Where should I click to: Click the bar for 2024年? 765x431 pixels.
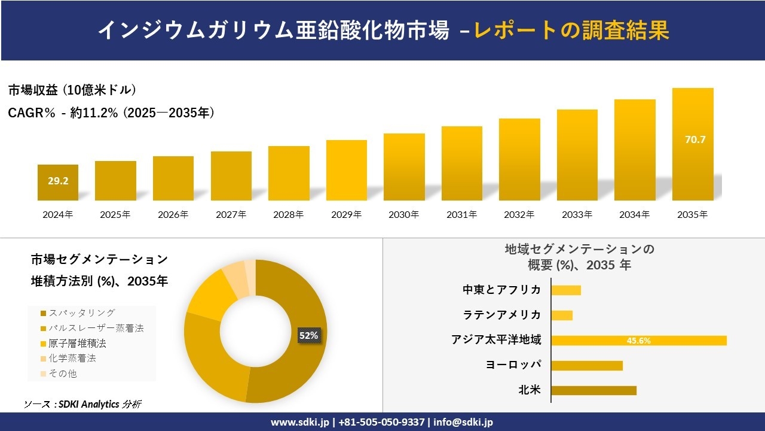(58, 183)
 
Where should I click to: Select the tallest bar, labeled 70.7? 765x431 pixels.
(693, 144)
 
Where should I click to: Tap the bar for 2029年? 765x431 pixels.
(347, 171)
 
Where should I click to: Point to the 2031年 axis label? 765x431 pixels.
(461, 214)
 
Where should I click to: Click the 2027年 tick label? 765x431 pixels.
(231, 214)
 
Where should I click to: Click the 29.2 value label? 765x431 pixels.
(58, 180)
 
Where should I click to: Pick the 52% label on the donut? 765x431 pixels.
(308, 336)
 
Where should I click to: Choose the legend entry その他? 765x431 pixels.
(63, 374)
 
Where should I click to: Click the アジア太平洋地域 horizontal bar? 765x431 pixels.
(638, 341)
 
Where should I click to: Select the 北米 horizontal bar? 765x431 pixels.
(593, 390)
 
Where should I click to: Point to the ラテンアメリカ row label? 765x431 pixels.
(502, 315)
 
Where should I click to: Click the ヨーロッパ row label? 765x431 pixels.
(513, 365)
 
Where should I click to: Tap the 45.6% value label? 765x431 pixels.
(638, 341)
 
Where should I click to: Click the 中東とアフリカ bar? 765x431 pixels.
(566, 290)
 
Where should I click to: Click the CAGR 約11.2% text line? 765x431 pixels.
(111, 113)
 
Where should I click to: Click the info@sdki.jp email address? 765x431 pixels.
(463, 422)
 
